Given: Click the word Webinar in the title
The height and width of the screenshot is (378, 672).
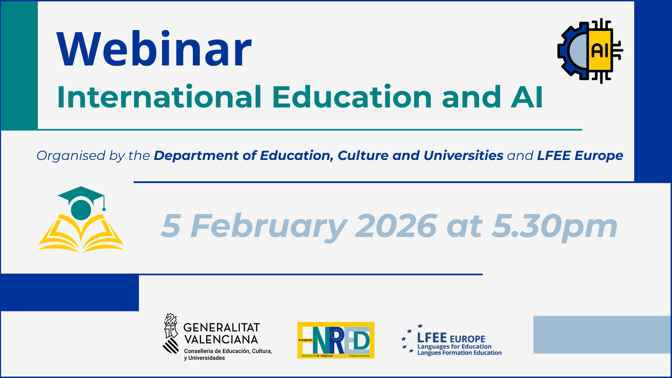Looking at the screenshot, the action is (x=154, y=49).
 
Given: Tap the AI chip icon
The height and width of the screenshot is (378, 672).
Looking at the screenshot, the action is (x=590, y=51).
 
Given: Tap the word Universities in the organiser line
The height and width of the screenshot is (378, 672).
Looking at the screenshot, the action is (x=463, y=155).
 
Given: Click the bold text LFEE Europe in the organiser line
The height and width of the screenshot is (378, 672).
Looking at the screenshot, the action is (x=580, y=156).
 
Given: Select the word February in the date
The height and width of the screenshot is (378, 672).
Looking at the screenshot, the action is (x=269, y=227).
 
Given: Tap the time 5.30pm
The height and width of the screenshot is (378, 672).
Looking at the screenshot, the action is (x=554, y=227).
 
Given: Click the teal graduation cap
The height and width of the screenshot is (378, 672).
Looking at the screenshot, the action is (x=82, y=203).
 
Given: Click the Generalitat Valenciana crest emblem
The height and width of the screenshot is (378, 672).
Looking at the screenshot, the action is (x=171, y=334).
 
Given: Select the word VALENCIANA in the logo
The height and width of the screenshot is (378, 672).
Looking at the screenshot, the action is (x=221, y=339).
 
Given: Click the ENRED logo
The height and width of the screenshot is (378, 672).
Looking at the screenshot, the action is (x=336, y=340).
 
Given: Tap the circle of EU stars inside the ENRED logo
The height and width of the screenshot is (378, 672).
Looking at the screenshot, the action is (x=337, y=335).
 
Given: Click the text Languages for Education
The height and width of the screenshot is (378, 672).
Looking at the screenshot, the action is (x=454, y=347).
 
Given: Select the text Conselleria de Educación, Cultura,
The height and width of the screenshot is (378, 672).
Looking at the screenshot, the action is (x=228, y=351).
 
